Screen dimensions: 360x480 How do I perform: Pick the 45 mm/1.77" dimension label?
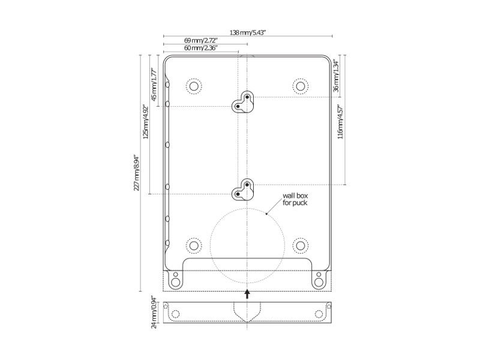(x=154, y=85)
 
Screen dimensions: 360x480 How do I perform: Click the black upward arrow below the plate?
(x=247, y=293)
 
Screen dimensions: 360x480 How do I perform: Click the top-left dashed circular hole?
(x=193, y=86)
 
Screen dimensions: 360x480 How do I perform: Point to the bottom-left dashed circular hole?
(x=193, y=245)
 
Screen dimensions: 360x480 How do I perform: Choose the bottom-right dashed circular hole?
(x=300, y=245)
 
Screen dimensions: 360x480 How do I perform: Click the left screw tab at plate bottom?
(x=175, y=279)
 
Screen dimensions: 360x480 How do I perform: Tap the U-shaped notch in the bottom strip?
(x=247, y=310)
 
